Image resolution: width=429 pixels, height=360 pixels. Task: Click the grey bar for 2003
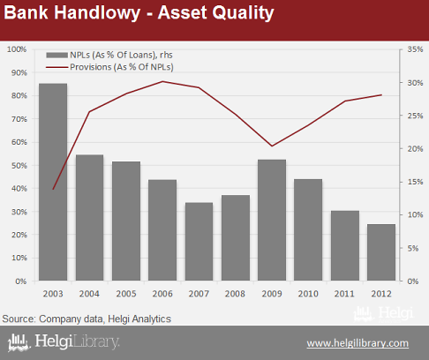[x=53, y=182]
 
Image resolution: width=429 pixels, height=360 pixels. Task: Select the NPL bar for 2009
[x=272, y=220]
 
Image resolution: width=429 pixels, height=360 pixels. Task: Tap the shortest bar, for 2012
[x=381, y=252]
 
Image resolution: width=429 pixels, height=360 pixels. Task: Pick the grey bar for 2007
[x=199, y=242]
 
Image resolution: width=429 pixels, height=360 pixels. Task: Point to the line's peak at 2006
[x=162, y=81]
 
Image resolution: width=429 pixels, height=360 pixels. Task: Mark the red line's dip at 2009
[x=272, y=146]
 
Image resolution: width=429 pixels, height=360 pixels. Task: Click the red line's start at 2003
[x=53, y=189]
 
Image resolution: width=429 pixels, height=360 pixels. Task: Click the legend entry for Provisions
[x=122, y=67]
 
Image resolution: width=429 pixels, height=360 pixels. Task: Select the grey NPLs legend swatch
[x=56, y=55]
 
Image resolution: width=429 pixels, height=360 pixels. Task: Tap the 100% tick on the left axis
[x=17, y=49]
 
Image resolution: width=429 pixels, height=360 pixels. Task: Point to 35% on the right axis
[x=415, y=49]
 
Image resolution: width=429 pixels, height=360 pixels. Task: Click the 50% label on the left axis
[x=19, y=166]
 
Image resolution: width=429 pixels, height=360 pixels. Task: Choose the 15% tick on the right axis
[x=415, y=182]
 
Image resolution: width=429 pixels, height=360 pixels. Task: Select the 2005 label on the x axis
[x=126, y=294]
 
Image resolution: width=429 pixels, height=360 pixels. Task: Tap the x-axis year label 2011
[x=344, y=294]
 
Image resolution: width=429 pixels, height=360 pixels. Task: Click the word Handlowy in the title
[x=97, y=13]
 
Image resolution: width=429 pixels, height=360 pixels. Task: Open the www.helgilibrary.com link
[x=357, y=343]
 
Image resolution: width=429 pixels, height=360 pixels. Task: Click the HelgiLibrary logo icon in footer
[x=19, y=342]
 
